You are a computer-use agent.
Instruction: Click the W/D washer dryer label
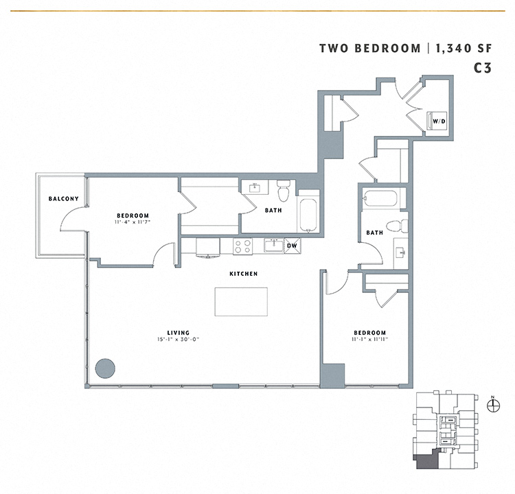click(437, 122)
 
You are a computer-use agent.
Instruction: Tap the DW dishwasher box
click(292, 245)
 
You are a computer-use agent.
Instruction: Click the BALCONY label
click(63, 199)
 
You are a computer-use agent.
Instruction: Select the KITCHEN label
click(244, 274)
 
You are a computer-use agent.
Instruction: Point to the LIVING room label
click(178, 332)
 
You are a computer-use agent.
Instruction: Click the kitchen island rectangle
click(241, 301)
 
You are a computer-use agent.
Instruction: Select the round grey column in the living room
click(105, 368)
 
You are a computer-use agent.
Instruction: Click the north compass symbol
click(493, 405)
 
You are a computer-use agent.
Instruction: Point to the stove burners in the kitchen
click(243, 246)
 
